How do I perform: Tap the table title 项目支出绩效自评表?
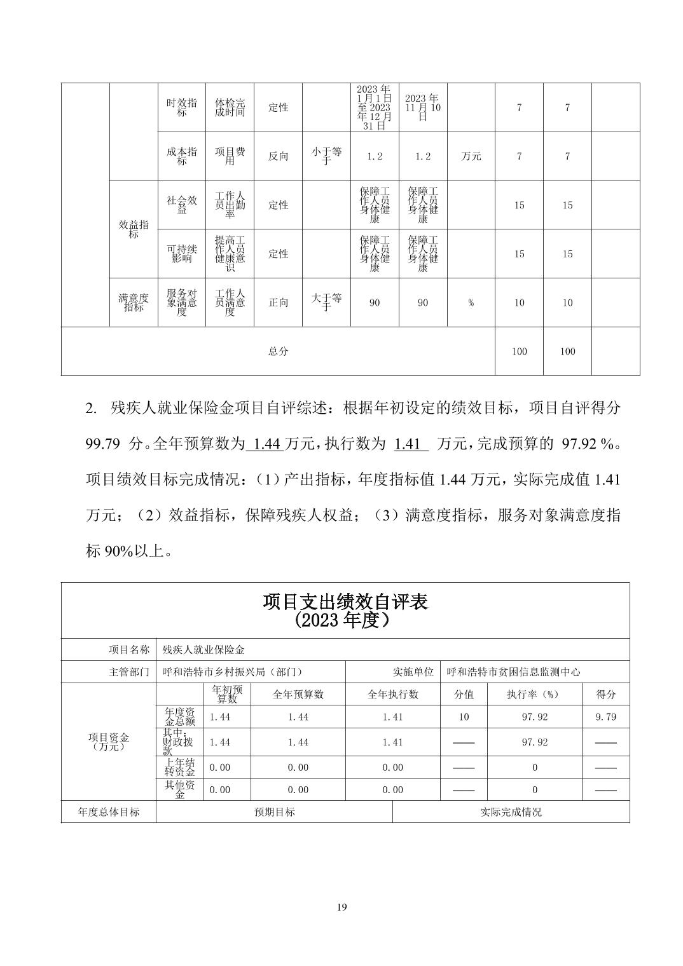pos(345,602)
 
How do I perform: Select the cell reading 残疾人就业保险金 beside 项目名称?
pos(204,650)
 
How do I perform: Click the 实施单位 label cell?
pos(413,672)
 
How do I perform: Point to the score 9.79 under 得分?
pos(605,717)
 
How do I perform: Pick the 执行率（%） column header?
pos(534,695)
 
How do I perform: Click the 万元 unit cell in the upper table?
pos(471,156)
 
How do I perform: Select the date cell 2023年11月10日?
pos(423,107)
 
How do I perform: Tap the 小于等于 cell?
pos(326,156)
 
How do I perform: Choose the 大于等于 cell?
pos(326,303)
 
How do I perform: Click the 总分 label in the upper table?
pos(278,351)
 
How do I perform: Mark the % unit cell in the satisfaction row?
pos(471,303)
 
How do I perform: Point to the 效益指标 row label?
pos(134,229)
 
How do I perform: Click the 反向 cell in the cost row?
pos(278,156)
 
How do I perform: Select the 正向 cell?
pos(278,303)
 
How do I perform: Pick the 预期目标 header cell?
pos(274,812)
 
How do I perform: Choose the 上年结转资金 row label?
pos(179,767)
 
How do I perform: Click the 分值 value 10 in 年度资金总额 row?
pos(464,717)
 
